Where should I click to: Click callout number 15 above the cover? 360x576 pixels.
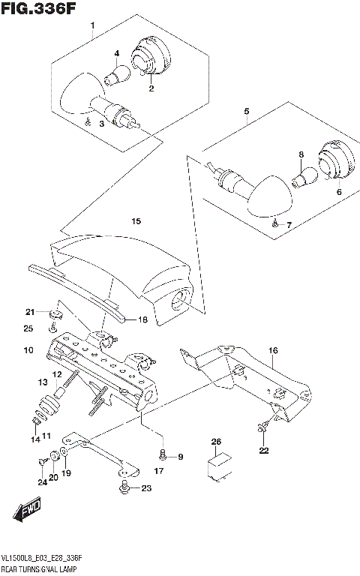click(x=135, y=221)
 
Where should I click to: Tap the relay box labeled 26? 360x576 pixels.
click(x=217, y=470)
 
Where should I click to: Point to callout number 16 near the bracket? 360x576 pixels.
click(x=273, y=350)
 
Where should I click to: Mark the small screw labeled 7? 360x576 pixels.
click(x=276, y=223)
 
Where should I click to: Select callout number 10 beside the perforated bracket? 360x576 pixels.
click(x=28, y=350)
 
